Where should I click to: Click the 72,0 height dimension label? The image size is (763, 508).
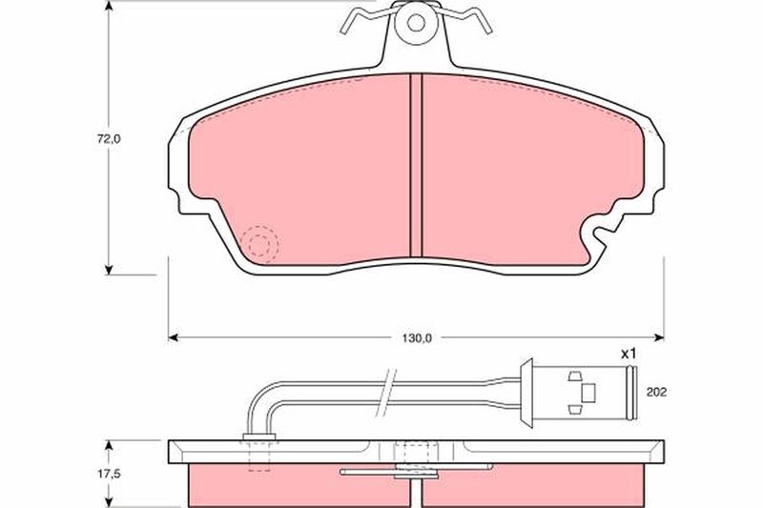[109, 139]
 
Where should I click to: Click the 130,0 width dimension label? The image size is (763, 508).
[417, 338]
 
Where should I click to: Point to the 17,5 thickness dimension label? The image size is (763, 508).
[109, 474]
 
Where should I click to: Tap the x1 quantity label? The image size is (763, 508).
[629, 354]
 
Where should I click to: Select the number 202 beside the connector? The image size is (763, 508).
[656, 392]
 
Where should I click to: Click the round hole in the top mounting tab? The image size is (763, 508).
[416, 22]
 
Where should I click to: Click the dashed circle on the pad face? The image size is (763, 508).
[258, 245]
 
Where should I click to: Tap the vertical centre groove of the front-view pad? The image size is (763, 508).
[416, 165]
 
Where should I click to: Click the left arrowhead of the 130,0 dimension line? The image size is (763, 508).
[174, 337]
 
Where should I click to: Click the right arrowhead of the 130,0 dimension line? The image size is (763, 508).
[659, 337]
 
